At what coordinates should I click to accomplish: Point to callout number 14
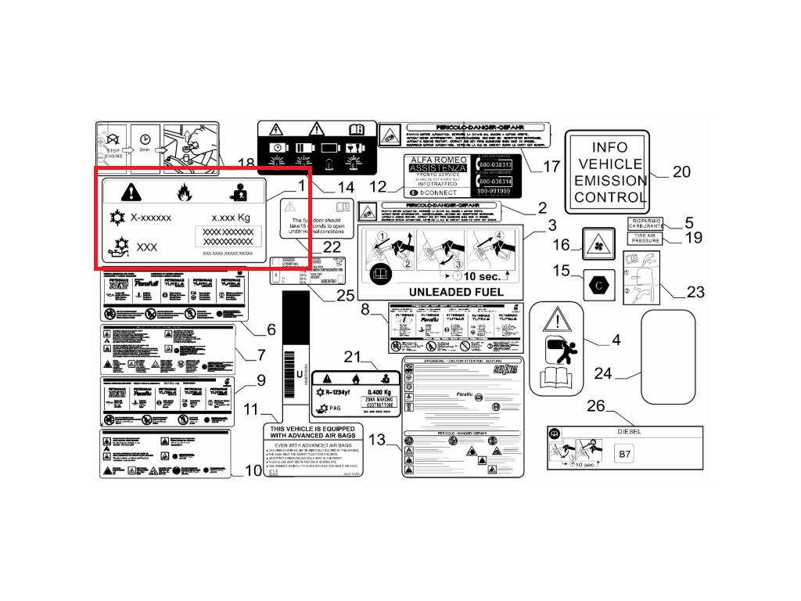click(x=345, y=188)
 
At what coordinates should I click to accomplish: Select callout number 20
click(x=681, y=171)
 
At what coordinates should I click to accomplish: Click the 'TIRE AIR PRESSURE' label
click(x=645, y=239)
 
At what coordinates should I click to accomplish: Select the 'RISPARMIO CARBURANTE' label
click(x=645, y=223)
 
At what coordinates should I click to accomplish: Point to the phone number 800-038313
click(x=495, y=165)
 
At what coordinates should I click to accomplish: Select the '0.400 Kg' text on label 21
click(x=379, y=391)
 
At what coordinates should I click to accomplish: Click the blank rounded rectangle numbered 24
click(x=668, y=354)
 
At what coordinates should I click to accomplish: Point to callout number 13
click(x=378, y=441)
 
